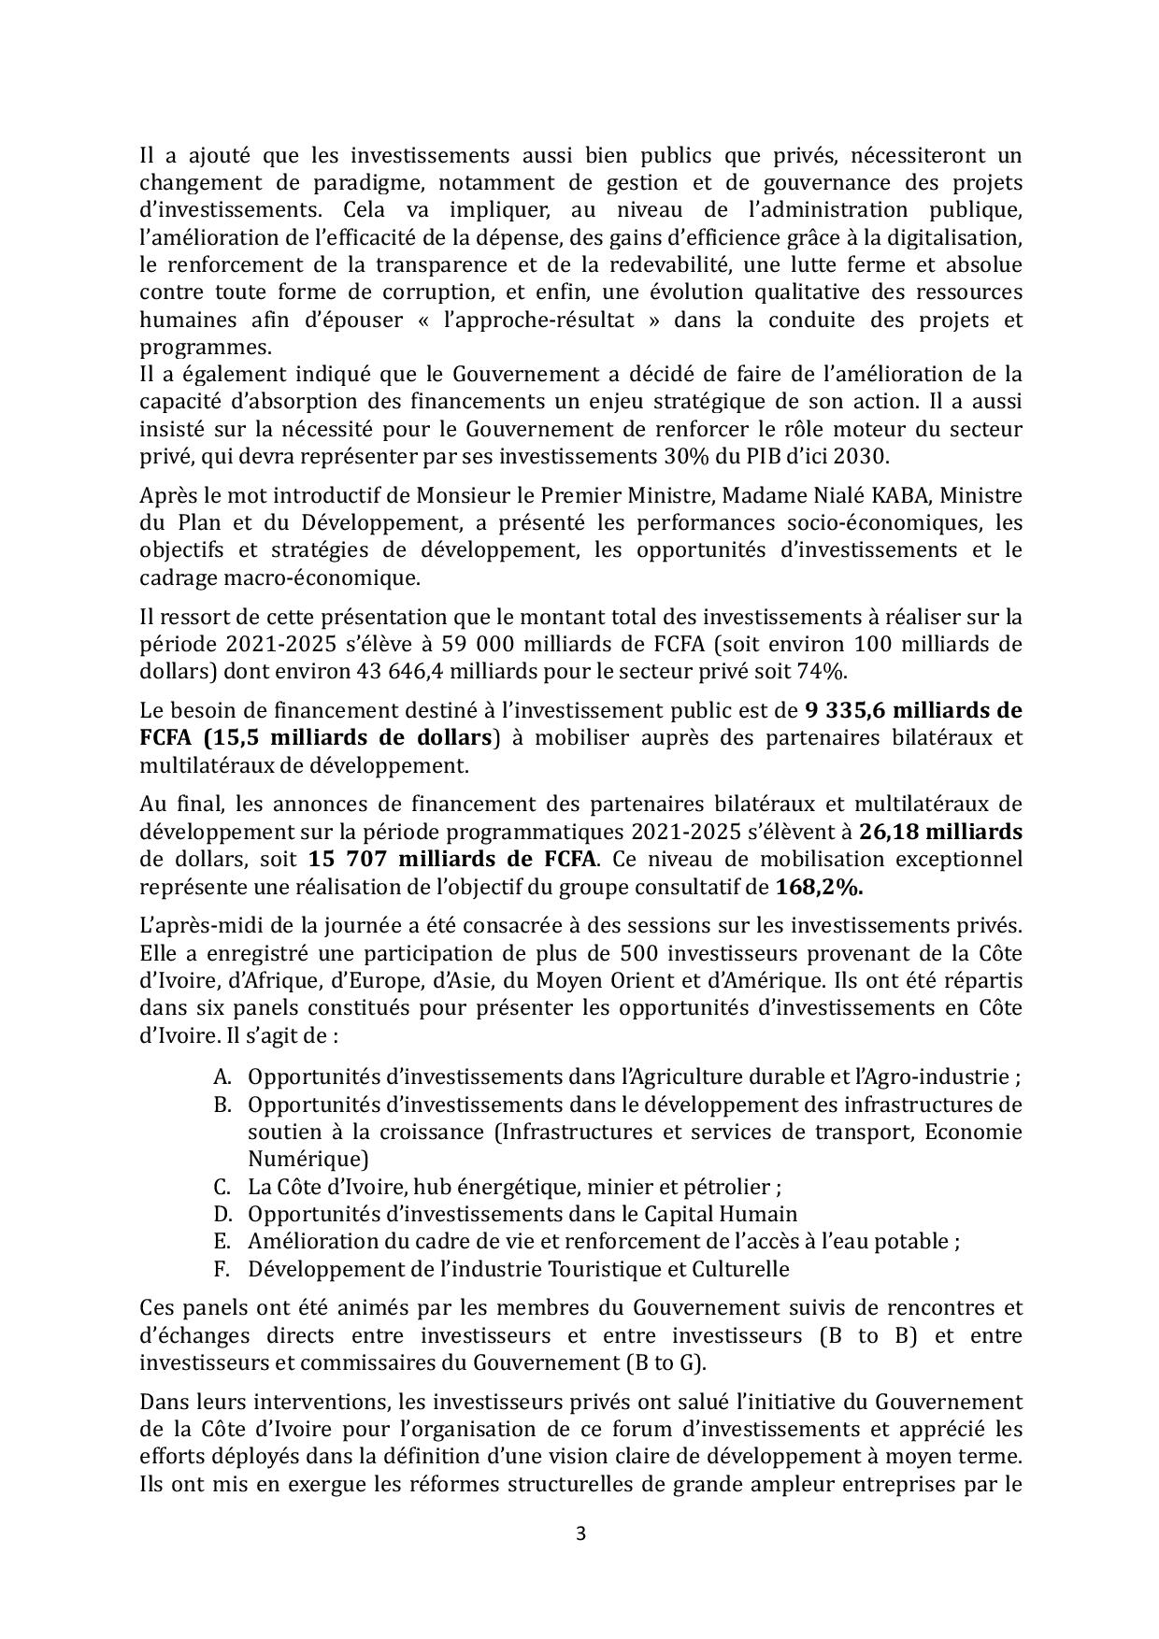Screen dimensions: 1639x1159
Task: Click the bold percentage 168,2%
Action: tap(819, 887)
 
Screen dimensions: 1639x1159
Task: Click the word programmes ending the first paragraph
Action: tap(206, 347)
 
